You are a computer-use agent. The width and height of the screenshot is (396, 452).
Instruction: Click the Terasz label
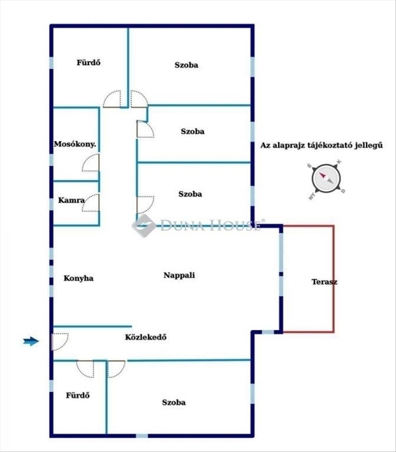click(324, 282)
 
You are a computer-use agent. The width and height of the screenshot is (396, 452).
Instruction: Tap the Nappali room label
click(179, 275)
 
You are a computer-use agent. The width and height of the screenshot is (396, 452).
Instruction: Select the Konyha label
click(79, 278)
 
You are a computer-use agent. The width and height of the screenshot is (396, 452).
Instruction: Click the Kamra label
click(70, 200)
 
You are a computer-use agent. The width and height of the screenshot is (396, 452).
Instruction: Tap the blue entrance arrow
click(31, 342)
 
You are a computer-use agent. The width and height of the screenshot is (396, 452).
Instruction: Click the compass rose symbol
click(326, 179)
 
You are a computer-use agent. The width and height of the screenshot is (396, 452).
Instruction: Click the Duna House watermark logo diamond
click(144, 226)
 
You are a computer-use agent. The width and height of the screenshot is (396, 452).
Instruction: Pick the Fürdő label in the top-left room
click(88, 63)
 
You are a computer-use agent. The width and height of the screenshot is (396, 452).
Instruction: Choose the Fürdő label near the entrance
click(78, 395)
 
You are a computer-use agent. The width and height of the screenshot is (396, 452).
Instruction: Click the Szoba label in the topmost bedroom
click(186, 65)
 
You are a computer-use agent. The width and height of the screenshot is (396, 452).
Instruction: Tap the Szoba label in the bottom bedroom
click(174, 402)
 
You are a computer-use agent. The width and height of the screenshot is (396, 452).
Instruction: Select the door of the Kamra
click(91, 203)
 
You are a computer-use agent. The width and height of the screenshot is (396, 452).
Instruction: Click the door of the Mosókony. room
click(91, 163)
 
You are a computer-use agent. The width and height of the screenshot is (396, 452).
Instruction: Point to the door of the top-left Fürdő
click(112, 99)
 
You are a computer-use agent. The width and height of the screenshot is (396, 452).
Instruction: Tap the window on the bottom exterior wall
click(142, 436)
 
